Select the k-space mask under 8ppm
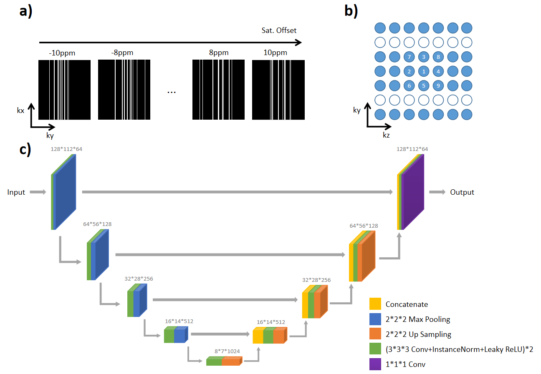pos(218,90)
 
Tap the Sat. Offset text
pos(277,30)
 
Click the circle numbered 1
pos(424,71)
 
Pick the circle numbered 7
pos(409,57)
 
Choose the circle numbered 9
pos(438,86)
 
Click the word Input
pos(16,192)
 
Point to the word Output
pos(462,192)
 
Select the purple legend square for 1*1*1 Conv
pos(375,364)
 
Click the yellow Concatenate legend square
pos(375,304)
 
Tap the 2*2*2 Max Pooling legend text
pos(418,319)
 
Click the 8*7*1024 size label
pos(227,351)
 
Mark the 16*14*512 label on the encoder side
pos(179,321)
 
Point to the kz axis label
pos(386,135)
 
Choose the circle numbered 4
pos(438,71)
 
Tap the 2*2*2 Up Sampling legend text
pos(418,334)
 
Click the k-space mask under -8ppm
pos(124,90)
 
